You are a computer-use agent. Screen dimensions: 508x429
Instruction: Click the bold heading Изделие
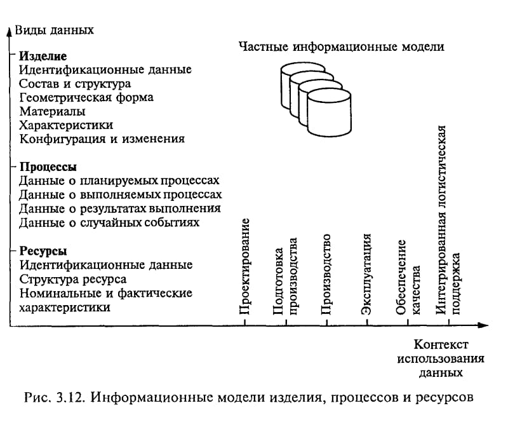click(43, 56)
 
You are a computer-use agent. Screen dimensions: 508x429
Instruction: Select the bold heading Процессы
click(48, 167)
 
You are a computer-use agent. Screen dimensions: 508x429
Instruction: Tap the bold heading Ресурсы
click(43, 251)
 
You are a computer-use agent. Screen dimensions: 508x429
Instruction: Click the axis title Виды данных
click(55, 30)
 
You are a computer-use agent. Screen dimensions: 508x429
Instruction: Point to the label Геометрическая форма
click(86, 98)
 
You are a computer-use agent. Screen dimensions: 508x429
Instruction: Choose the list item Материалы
click(52, 112)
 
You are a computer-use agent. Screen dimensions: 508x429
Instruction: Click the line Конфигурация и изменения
click(102, 139)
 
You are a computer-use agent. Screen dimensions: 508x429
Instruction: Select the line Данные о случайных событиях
click(109, 223)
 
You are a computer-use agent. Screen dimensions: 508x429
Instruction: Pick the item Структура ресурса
click(73, 279)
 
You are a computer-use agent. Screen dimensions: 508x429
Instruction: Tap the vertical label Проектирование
click(244, 266)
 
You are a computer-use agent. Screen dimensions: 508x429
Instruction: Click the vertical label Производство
click(326, 275)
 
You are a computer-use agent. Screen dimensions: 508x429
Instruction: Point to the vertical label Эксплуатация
click(366, 275)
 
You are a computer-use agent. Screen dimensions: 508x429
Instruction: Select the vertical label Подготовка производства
click(285, 276)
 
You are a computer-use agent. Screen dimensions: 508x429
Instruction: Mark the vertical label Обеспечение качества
click(408, 277)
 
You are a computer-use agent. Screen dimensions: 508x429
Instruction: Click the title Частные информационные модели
click(342, 46)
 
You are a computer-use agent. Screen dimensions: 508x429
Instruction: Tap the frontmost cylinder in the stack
click(329, 114)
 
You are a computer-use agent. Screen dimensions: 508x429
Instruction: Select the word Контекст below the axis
click(441, 344)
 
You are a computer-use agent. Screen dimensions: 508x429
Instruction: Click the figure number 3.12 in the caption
click(70, 397)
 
